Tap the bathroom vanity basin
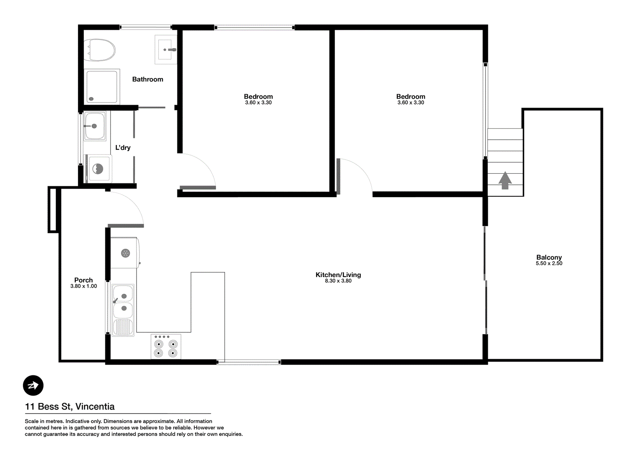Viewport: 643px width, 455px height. click(166, 50)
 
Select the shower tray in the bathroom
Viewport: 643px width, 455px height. click(102, 87)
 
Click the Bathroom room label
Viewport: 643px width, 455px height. click(148, 79)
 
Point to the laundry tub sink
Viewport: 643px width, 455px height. click(95, 126)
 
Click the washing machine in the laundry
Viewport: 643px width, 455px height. click(99, 169)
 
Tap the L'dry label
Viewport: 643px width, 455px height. click(123, 148)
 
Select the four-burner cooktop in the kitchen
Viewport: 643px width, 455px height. click(166, 347)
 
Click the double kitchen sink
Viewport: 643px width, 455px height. click(123, 310)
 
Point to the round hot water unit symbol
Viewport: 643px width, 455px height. click(125, 253)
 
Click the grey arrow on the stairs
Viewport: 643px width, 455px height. click(505, 180)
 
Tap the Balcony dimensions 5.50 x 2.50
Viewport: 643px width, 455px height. click(549, 263)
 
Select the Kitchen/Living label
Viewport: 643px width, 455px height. click(338, 275)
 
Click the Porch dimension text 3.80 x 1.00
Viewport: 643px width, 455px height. click(84, 286)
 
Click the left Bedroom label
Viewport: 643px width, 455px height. click(258, 97)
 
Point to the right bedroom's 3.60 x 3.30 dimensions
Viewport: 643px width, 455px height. click(411, 103)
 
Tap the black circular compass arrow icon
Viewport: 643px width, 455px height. click(33, 385)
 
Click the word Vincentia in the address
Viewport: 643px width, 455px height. click(95, 406)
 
